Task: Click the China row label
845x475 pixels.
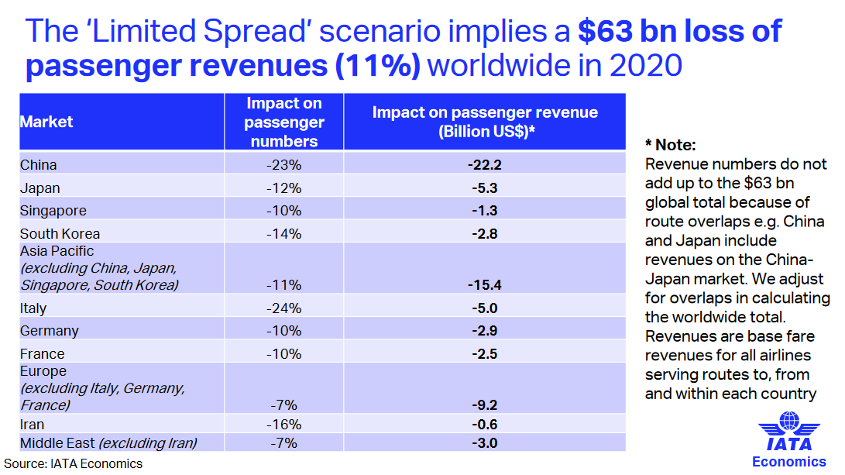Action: [39, 165]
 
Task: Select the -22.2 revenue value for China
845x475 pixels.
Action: [485, 165]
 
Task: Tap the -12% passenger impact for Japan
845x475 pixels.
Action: [283, 188]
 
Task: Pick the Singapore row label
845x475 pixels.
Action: [53, 211]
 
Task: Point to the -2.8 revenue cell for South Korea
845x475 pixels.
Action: [485, 234]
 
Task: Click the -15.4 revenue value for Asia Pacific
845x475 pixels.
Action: [485, 285]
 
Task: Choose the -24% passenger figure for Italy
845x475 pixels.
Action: [283, 308]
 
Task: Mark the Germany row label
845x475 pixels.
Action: [50, 331]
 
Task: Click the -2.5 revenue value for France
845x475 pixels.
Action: [485, 354]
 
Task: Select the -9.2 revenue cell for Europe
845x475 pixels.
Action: [485, 404]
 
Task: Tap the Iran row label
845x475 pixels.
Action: [33, 425]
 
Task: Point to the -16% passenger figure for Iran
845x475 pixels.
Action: [283, 425]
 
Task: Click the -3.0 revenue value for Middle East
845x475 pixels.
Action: [485, 443]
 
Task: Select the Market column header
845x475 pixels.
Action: [46, 122]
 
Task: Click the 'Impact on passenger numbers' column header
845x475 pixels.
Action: [284, 122]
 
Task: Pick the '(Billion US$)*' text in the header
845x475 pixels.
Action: [485, 132]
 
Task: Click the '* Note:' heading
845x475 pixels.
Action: [671, 145]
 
